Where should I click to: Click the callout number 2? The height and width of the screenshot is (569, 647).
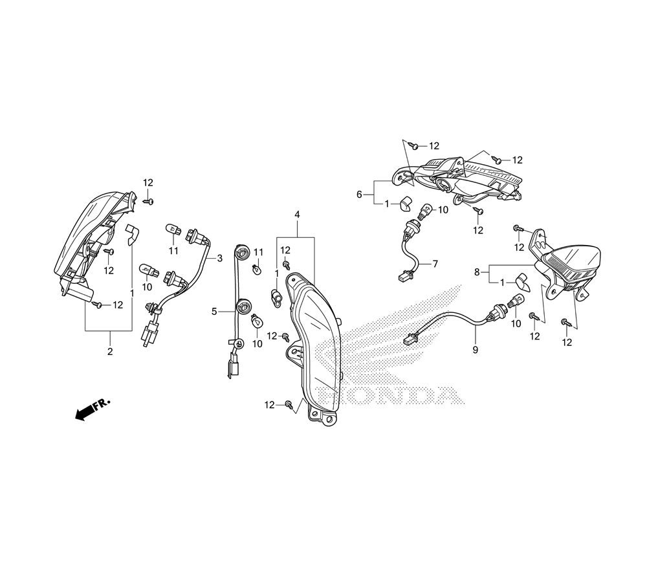pos(109,352)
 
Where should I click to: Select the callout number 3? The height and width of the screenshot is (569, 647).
pos(219,259)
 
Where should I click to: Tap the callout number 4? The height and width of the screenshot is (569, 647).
pos(297,215)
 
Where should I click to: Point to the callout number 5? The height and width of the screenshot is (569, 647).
pos(214,311)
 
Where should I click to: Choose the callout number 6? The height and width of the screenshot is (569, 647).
pos(359,194)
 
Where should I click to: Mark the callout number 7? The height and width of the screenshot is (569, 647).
pos(435,264)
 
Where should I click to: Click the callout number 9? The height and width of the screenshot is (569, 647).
pos(475,350)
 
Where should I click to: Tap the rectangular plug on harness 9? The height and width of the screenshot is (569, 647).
pos(410,338)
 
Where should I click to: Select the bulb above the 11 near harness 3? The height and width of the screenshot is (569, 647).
pos(173,229)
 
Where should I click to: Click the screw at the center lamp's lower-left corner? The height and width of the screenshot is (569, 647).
pos(288,405)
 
